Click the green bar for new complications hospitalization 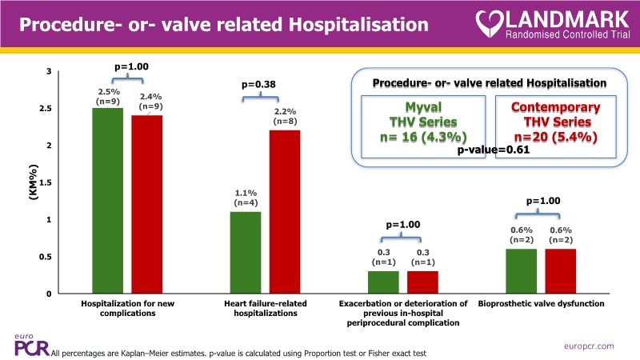(107, 200)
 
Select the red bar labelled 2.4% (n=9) (146, 204)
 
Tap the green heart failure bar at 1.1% (245, 252)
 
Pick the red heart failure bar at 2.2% (284, 212)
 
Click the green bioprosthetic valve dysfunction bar (522, 270)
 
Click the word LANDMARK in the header (570, 17)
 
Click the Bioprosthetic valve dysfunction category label (541, 304)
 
